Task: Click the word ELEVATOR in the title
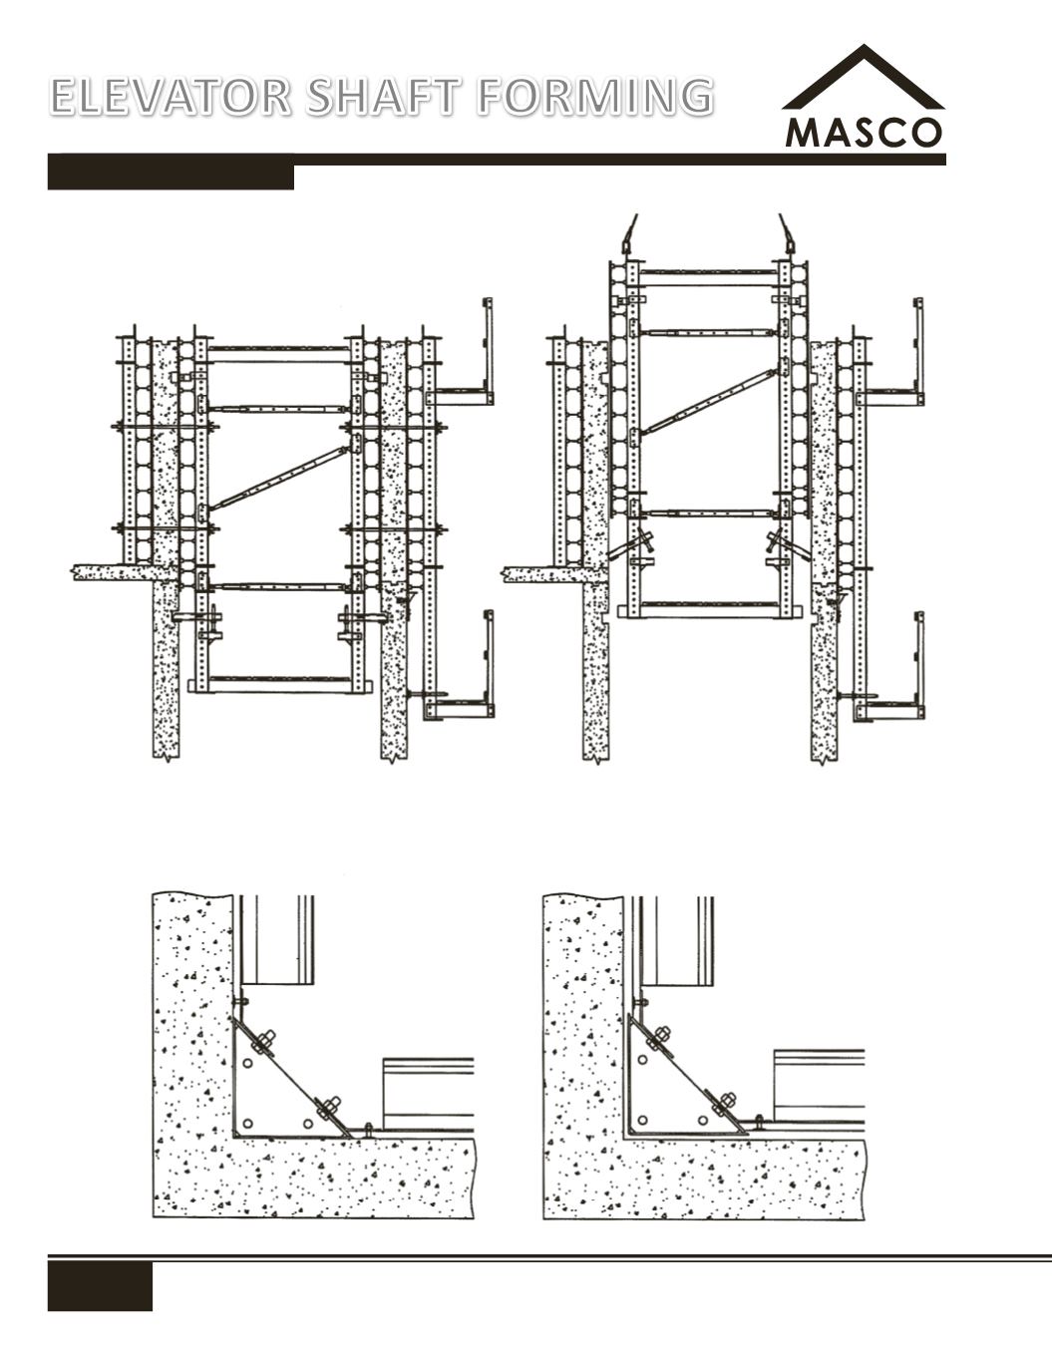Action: (x=171, y=96)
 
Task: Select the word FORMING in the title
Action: (x=595, y=96)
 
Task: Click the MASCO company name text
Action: (x=864, y=134)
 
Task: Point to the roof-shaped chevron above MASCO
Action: (x=864, y=76)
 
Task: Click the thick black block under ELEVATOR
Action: (x=171, y=176)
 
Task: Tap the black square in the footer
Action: (x=100, y=1286)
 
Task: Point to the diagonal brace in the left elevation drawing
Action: (x=279, y=478)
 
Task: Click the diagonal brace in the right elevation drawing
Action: (x=710, y=400)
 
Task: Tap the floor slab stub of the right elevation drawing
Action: (x=554, y=574)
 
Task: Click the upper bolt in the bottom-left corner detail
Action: (x=264, y=1041)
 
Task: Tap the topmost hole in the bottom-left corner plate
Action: (x=248, y=1064)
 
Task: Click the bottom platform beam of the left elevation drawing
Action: (x=280, y=685)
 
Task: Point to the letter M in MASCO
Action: (x=802, y=134)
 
